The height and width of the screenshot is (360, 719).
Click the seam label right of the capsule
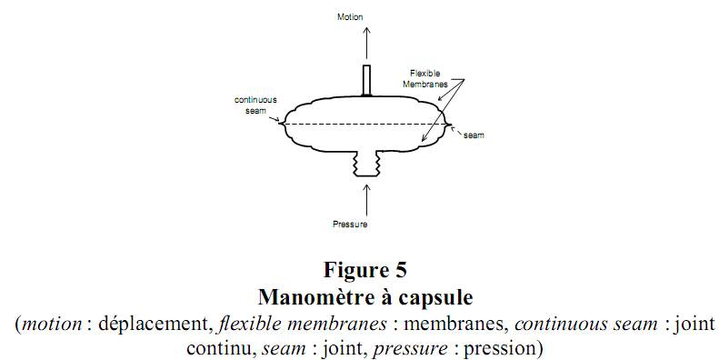(474, 135)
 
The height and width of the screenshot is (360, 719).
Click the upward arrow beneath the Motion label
(366, 42)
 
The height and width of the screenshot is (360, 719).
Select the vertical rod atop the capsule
(366, 79)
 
